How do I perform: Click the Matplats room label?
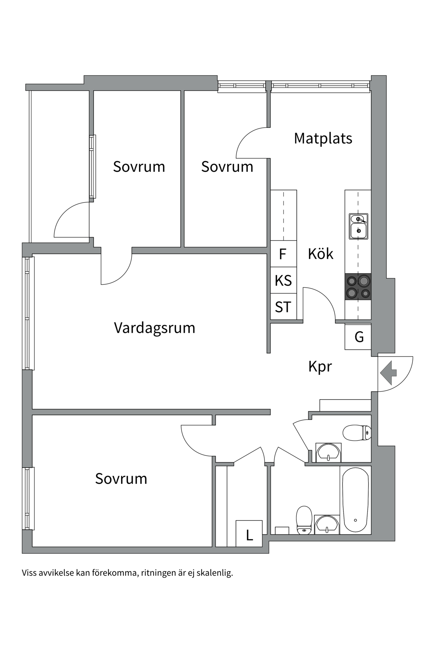click(x=323, y=138)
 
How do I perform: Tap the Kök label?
click(x=320, y=254)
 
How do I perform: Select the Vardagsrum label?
click(x=155, y=328)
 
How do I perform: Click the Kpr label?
click(x=320, y=367)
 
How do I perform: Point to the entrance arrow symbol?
click(x=388, y=373)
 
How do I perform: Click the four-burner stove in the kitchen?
click(x=358, y=286)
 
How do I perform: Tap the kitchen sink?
click(x=358, y=227)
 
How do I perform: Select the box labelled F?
click(x=283, y=254)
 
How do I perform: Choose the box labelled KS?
click(x=283, y=281)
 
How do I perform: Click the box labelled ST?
click(x=283, y=307)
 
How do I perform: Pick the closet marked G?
click(x=359, y=337)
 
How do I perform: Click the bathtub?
click(x=355, y=499)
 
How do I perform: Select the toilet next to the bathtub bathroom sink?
click(x=304, y=520)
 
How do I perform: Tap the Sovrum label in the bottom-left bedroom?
click(x=121, y=479)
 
